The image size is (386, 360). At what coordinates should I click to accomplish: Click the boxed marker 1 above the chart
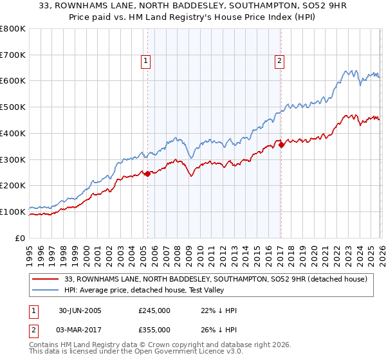click(147, 62)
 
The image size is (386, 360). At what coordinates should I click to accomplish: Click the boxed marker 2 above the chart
click(280, 62)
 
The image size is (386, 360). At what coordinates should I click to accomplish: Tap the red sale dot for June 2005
click(147, 173)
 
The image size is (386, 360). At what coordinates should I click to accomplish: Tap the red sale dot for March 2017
click(281, 145)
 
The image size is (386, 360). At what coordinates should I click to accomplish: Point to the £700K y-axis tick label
click(13, 55)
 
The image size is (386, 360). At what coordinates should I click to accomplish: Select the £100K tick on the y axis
click(13, 212)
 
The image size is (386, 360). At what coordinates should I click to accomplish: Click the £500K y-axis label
click(13, 107)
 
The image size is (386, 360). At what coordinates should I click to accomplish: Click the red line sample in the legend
click(47, 279)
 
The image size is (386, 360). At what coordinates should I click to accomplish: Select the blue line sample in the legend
click(47, 290)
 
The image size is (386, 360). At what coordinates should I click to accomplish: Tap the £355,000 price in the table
click(154, 329)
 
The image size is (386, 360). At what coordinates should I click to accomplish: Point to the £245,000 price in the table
click(154, 310)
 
